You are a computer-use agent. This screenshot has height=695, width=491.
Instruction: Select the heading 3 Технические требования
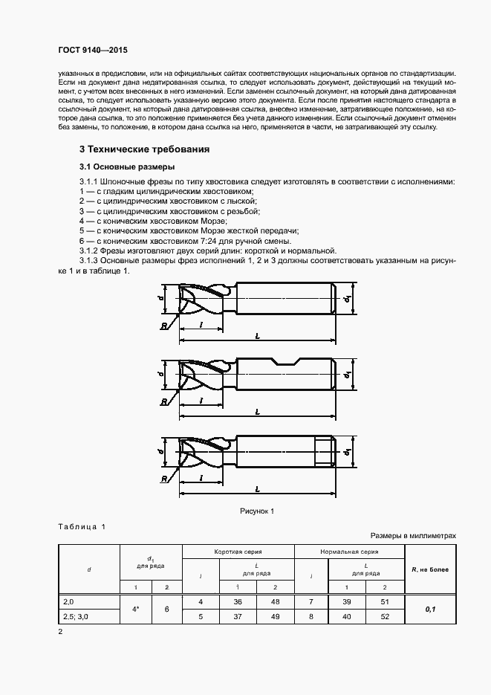pyautogui.click(x=144, y=149)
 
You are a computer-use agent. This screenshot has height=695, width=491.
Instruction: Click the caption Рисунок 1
pyautogui.click(x=257, y=511)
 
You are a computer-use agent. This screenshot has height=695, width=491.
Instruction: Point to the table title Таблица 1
pyautogui.click(x=82, y=526)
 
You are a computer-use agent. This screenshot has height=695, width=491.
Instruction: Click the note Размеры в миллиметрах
pyautogui.click(x=413, y=535)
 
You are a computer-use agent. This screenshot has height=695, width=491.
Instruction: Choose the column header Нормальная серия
pyautogui.click(x=349, y=552)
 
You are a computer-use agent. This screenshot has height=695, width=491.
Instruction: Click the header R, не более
pyautogui.click(x=430, y=569)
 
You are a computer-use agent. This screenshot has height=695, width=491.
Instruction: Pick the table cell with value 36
pyautogui.click(x=238, y=601)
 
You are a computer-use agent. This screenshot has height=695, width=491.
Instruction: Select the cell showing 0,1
pyautogui.click(x=430, y=608)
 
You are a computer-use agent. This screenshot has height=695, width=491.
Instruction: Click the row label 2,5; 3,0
pyautogui.click(x=77, y=615)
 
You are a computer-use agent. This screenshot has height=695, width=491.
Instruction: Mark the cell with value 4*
pyautogui.click(x=136, y=608)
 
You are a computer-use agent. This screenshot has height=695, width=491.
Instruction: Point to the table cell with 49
pyautogui.click(x=275, y=615)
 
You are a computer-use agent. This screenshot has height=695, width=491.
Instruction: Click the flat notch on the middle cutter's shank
pyautogui.click(x=284, y=364)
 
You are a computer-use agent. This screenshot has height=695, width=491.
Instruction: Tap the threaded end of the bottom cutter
pyautogui.click(x=322, y=451)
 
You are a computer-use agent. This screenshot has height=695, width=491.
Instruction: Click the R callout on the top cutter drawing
pyautogui.click(x=163, y=325)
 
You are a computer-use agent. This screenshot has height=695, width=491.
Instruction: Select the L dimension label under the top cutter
pyautogui.click(x=256, y=337)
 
